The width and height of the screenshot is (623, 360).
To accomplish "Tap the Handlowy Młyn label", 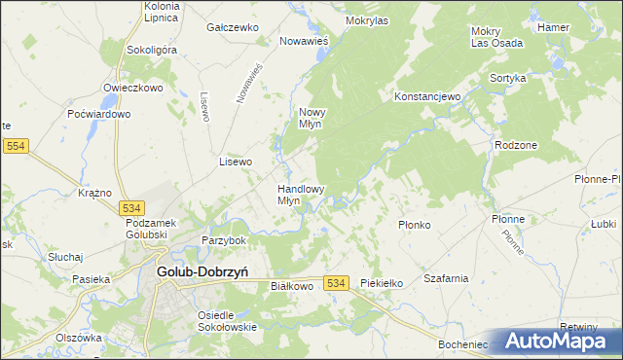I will click(301, 195).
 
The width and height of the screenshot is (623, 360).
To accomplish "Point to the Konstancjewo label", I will click(426, 97).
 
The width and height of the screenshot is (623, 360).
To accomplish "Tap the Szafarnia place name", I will click(446, 278).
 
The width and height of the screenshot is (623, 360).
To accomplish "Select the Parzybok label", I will click(224, 240).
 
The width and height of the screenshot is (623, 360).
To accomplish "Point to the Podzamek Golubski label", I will click(148, 229).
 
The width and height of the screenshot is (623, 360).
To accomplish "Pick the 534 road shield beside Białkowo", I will click(337, 282).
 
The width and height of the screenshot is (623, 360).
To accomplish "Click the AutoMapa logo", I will click(556, 341).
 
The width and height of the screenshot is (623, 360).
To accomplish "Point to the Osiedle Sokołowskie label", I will click(227, 321).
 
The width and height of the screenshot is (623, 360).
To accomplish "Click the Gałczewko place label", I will click(231, 28).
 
